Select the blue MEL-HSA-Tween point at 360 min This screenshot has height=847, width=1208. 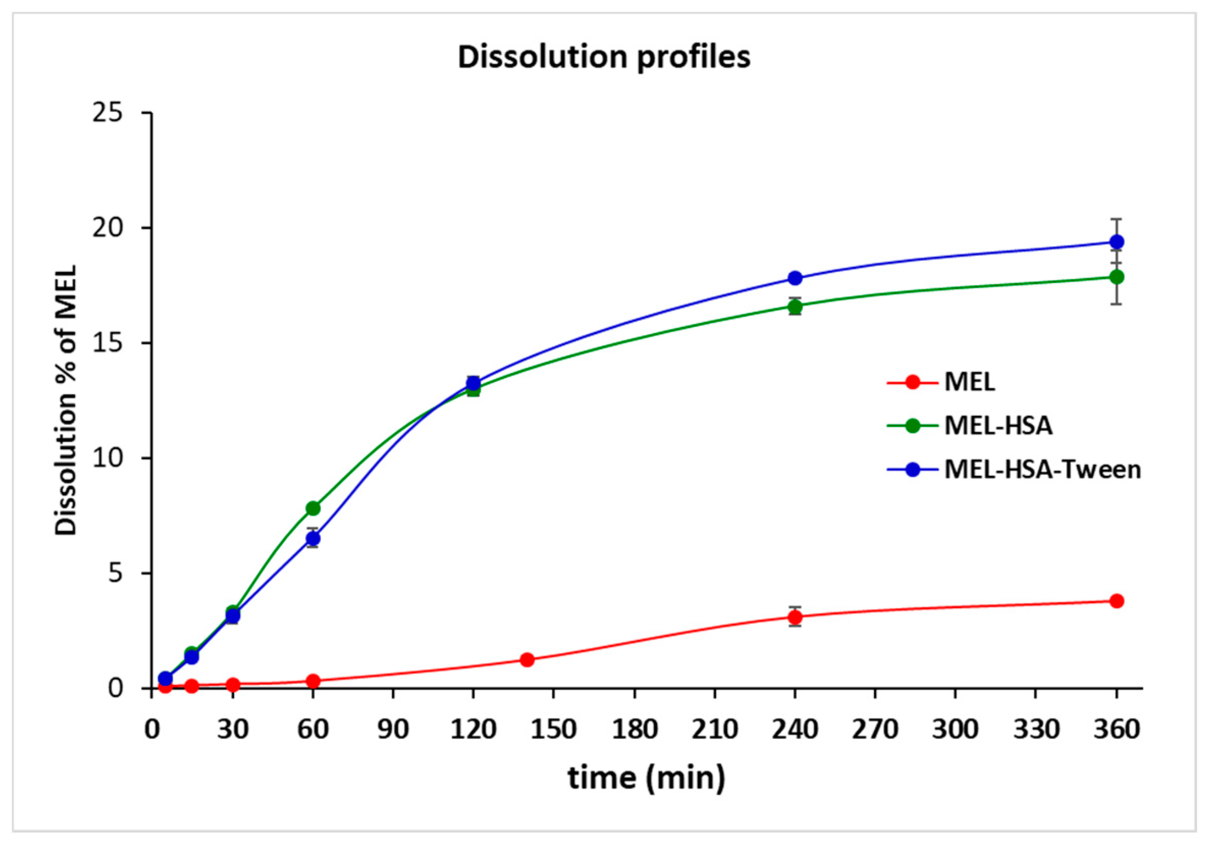(x=1116, y=242)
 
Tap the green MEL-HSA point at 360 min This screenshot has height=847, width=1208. (x=1116, y=276)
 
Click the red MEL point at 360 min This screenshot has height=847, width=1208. (x=1116, y=601)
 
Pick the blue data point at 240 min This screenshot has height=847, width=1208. (x=795, y=277)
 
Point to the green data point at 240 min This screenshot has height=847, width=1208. (x=795, y=306)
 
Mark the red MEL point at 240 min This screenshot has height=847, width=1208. (x=795, y=617)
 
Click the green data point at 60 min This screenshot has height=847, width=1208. (x=313, y=508)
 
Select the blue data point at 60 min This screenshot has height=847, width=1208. (x=313, y=538)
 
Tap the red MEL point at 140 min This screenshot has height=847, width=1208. (x=527, y=659)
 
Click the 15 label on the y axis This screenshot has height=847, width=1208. (x=108, y=342)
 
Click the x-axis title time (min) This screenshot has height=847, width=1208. (x=647, y=778)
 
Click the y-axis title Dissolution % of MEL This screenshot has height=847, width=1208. (x=66, y=400)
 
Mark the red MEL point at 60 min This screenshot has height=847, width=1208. (x=313, y=681)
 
